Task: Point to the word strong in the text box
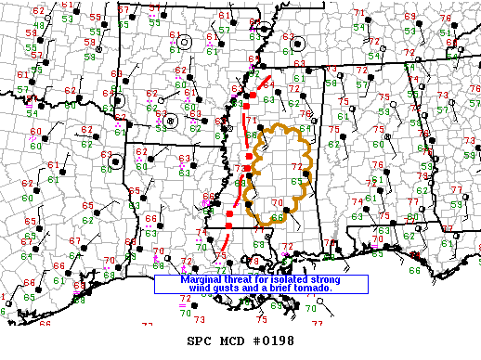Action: pyautogui.click(x=324, y=279)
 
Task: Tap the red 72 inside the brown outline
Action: pyautogui.click(x=297, y=167)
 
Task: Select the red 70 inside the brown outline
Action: pyautogui.click(x=276, y=203)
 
